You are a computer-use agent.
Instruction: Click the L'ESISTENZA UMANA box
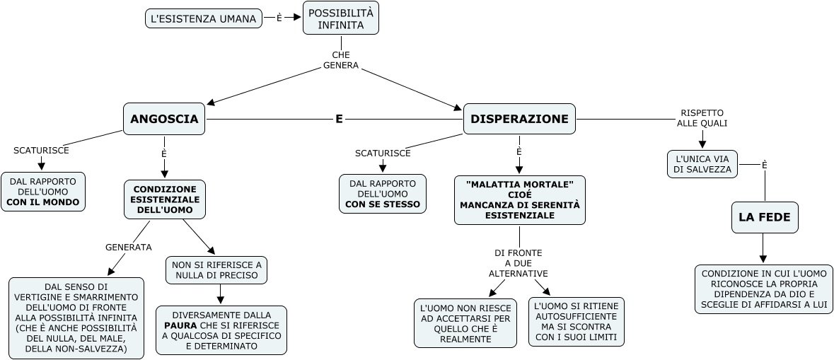click(203, 19)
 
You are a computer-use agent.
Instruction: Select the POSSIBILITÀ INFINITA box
click(341, 18)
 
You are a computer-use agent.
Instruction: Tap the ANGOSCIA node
click(164, 120)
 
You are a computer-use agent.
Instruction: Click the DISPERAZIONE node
click(519, 119)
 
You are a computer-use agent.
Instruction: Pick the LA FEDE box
click(765, 217)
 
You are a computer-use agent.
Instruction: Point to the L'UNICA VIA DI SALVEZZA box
click(703, 163)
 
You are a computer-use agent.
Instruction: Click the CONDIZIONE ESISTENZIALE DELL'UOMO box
click(165, 199)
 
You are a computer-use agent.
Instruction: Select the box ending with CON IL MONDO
click(43, 192)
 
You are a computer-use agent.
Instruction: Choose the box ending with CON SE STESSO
click(383, 194)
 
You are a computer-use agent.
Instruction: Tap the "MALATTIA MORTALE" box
click(519, 199)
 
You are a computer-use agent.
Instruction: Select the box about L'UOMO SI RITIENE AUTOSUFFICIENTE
click(577, 322)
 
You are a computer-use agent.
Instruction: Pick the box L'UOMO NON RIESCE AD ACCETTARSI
click(465, 323)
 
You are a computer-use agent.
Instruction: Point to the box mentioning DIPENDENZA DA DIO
click(764, 289)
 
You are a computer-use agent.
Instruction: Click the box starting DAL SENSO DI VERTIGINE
click(76, 318)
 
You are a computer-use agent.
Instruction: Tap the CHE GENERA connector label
click(341, 60)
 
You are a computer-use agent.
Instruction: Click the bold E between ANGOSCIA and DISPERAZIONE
click(339, 120)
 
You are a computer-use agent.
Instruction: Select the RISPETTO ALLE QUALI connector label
click(702, 117)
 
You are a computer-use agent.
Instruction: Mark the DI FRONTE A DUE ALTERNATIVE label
click(519, 263)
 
